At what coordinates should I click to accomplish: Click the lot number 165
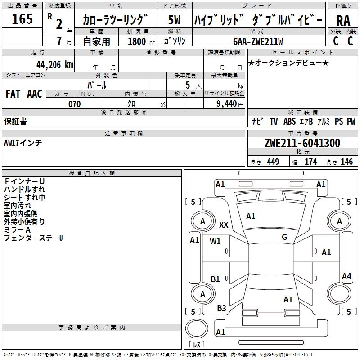pyautogui.click(x=22, y=19)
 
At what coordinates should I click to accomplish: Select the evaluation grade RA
pyautogui.click(x=343, y=21)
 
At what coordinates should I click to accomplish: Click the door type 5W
pyautogui.click(x=174, y=20)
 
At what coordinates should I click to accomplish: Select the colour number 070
pyautogui.click(x=74, y=104)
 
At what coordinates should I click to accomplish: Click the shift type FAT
pyautogui.click(x=13, y=94)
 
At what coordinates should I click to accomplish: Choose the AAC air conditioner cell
pyautogui.click(x=35, y=94)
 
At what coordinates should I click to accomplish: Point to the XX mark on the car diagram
pyautogui.click(x=224, y=225)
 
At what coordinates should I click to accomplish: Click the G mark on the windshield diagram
pyautogui.click(x=284, y=237)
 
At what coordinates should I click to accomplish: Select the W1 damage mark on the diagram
pyautogui.click(x=216, y=241)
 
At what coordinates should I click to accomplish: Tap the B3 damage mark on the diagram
pyautogui.click(x=222, y=308)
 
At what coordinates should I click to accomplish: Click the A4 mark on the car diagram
pyautogui.click(x=346, y=276)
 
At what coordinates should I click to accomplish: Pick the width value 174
pyautogui.click(x=311, y=162)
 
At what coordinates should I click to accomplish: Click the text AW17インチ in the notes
pyautogui.click(x=23, y=143)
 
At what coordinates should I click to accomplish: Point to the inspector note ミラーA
pyautogui.click(x=18, y=229)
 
